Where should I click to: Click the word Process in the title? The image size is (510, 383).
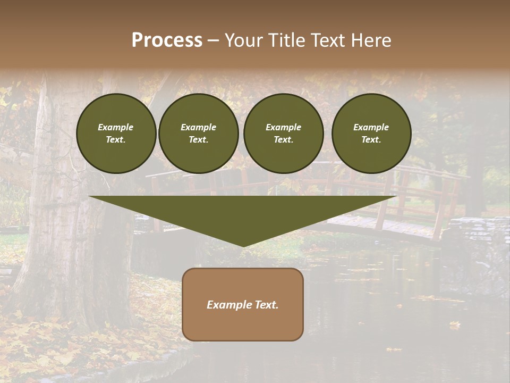click(x=167, y=40)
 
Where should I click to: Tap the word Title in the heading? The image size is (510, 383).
click(x=285, y=40)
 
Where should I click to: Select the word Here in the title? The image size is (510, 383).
click(x=370, y=40)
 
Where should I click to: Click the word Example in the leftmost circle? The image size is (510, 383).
click(x=116, y=127)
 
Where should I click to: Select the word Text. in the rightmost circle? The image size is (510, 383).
click(x=371, y=139)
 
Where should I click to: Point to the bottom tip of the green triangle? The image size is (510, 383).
click(x=243, y=245)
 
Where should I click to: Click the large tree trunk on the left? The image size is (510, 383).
click(x=58, y=223)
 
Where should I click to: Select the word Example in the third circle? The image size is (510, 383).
click(x=284, y=127)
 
